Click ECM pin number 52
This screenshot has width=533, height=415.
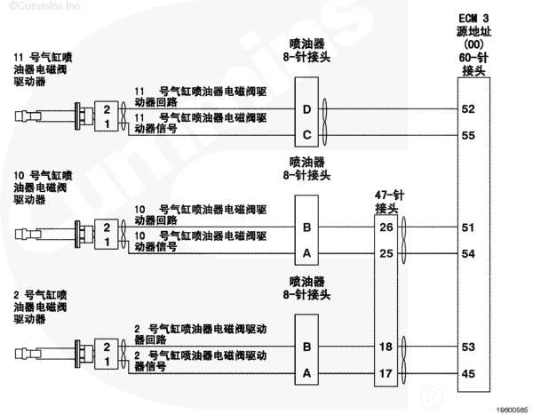pos(468,108)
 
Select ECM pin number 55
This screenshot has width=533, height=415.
pos(468,135)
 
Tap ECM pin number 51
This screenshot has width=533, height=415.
pos(468,227)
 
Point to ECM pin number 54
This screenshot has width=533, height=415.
pos(468,254)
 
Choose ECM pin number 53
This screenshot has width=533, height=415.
pos(468,347)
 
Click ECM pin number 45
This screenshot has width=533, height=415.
pos(468,373)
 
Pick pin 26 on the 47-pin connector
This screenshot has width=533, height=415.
pos(386,227)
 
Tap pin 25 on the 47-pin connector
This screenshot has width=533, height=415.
pos(386,253)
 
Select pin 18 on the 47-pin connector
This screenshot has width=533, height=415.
pos(386,347)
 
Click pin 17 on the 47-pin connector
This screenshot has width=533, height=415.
pos(386,373)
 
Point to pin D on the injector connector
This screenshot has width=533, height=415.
pos(306,109)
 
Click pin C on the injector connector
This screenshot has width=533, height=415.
pos(306,135)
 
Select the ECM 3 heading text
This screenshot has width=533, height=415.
pos(473,18)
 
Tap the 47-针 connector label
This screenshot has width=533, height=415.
pos(389,202)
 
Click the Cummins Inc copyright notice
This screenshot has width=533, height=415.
pos(44,6)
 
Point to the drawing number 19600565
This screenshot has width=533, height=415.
pos(513,410)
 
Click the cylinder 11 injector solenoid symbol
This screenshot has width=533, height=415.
pos(54,116)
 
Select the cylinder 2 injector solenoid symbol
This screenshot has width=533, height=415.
pos(54,354)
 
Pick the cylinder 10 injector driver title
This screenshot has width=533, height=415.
pos(43,188)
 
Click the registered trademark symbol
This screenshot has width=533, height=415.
pos(432,396)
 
